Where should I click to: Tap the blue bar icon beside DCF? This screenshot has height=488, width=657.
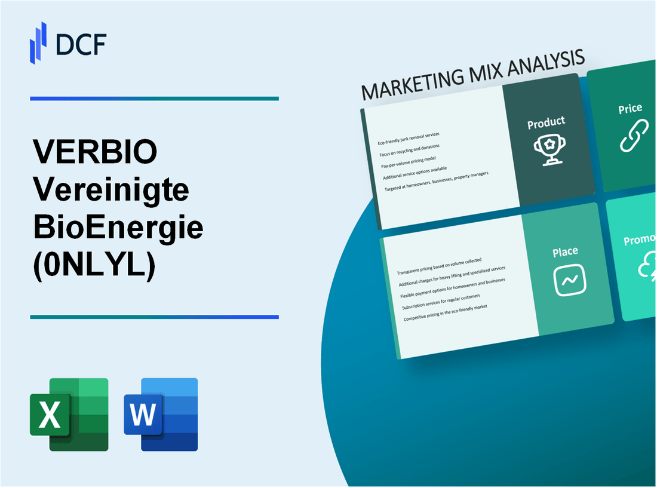click(38, 42)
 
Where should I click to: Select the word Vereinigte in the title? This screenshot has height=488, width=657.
click(112, 191)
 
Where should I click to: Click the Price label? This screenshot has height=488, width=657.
click(630, 109)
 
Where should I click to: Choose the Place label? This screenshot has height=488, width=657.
click(565, 252)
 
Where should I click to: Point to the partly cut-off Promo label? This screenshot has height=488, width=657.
click(640, 240)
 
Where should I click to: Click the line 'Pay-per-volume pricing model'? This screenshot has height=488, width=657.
click(409, 159)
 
